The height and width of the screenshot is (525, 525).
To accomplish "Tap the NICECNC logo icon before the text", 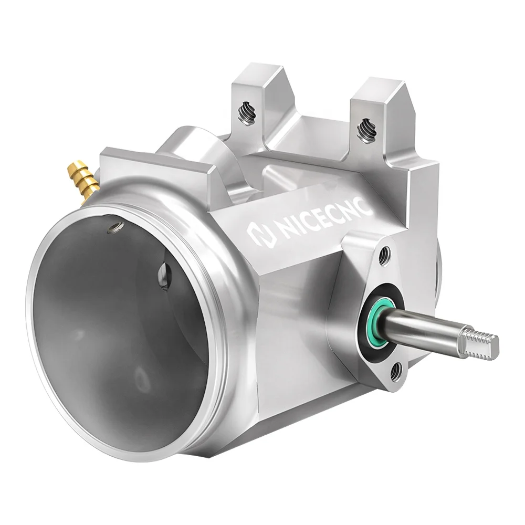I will pyautogui.click(x=259, y=236).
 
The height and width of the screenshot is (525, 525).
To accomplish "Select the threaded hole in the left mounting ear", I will pyautogui.click(x=246, y=112).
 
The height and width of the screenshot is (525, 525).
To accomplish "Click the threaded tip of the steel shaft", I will pyautogui.click(x=480, y=344).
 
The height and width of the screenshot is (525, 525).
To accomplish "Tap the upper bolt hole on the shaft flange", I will pyautogui.click(x=385, y=256).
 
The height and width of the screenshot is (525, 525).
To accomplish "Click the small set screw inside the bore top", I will pyautogui.click(x=115, y=227).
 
